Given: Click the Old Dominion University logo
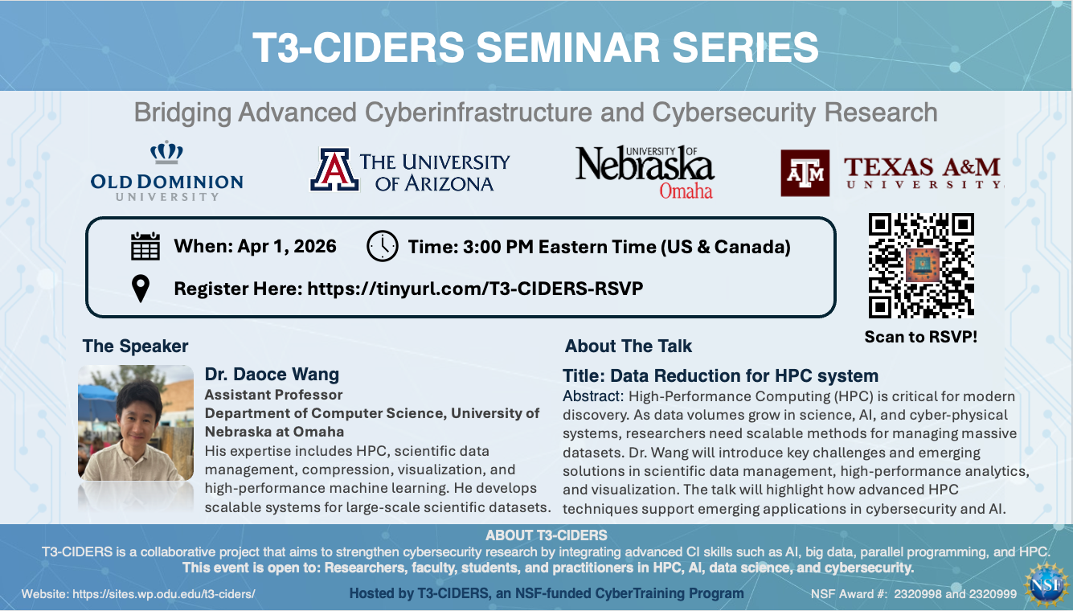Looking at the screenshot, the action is click(166, 170).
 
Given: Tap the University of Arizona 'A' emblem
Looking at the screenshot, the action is click(334, 170).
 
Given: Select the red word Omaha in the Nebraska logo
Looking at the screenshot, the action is click(686, 191).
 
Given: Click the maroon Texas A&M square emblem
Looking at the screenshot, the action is click(805, 173).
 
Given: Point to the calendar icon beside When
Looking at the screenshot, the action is click(145, 246).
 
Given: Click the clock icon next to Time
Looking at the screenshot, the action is click(383, 246).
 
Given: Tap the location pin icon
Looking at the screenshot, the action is click(141, 289).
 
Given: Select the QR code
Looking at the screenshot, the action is click(921, 265).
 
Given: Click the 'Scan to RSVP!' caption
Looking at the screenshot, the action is click(920, 337).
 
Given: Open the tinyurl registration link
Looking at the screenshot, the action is click(475, 289).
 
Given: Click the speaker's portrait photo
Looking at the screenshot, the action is click(136, 423).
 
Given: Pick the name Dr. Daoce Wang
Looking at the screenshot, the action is click(272, 375).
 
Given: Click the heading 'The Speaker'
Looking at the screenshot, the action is click(135, 346).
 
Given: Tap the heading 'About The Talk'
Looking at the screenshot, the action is click(629, 346).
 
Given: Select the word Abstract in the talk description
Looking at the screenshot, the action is click(592, 396).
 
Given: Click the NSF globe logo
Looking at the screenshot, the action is click(1046, 585).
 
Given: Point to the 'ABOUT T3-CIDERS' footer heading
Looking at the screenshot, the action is click(546, 535).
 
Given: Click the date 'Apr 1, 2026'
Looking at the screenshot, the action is click(287, 246).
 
